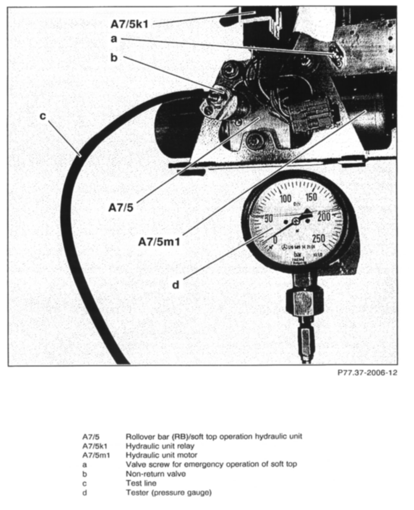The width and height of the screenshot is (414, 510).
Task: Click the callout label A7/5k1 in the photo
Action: pos(129,24)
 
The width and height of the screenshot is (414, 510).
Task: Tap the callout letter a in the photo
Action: pos(114,39)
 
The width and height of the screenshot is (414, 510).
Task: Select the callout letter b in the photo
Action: pos(114,58)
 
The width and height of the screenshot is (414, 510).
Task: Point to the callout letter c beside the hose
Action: pos(43,116)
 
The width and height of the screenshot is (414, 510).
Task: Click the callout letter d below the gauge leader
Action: pos(176,285)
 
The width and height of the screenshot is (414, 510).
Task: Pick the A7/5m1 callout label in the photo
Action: pos(159,242)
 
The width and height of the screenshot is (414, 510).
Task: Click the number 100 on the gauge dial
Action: pos(286,199)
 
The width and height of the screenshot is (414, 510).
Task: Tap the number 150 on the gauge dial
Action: pos(310,197)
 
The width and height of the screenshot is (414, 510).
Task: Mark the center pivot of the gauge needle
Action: pos(296,221)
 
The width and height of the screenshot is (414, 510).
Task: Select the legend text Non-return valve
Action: pos(156,473)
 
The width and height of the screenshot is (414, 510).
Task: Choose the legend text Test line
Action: pos(141,483)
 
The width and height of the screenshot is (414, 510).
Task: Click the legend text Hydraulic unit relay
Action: pos(160,446)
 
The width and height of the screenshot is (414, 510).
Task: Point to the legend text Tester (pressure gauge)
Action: pos(169,492)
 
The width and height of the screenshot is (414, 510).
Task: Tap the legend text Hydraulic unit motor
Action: pos(161,455)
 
